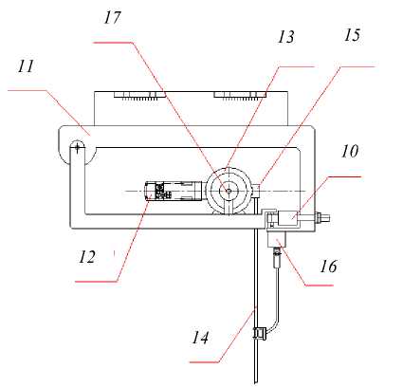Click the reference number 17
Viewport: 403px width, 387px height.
pyautogui.click(x=113, y=18)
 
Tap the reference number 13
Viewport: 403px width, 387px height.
pyautogui.click(x=286, y=37)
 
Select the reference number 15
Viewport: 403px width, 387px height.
pyautogui.click(x=352, y=35)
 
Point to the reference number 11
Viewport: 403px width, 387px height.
pyautogui.click(x=26, y=66)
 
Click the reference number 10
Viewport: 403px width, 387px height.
pyautogui.click(x=350, y=151)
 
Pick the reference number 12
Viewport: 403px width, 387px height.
pyautogui.click(x=87, y=257)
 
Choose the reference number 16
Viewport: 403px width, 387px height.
pyautogui.click(x=328, y=267)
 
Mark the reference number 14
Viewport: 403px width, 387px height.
pyautogui.click(x=200, y=338)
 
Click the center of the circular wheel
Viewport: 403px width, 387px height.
pyautogui.click(x=229, y=191)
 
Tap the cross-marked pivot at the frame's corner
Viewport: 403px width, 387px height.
pyautogui.click(x=77, y=147)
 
